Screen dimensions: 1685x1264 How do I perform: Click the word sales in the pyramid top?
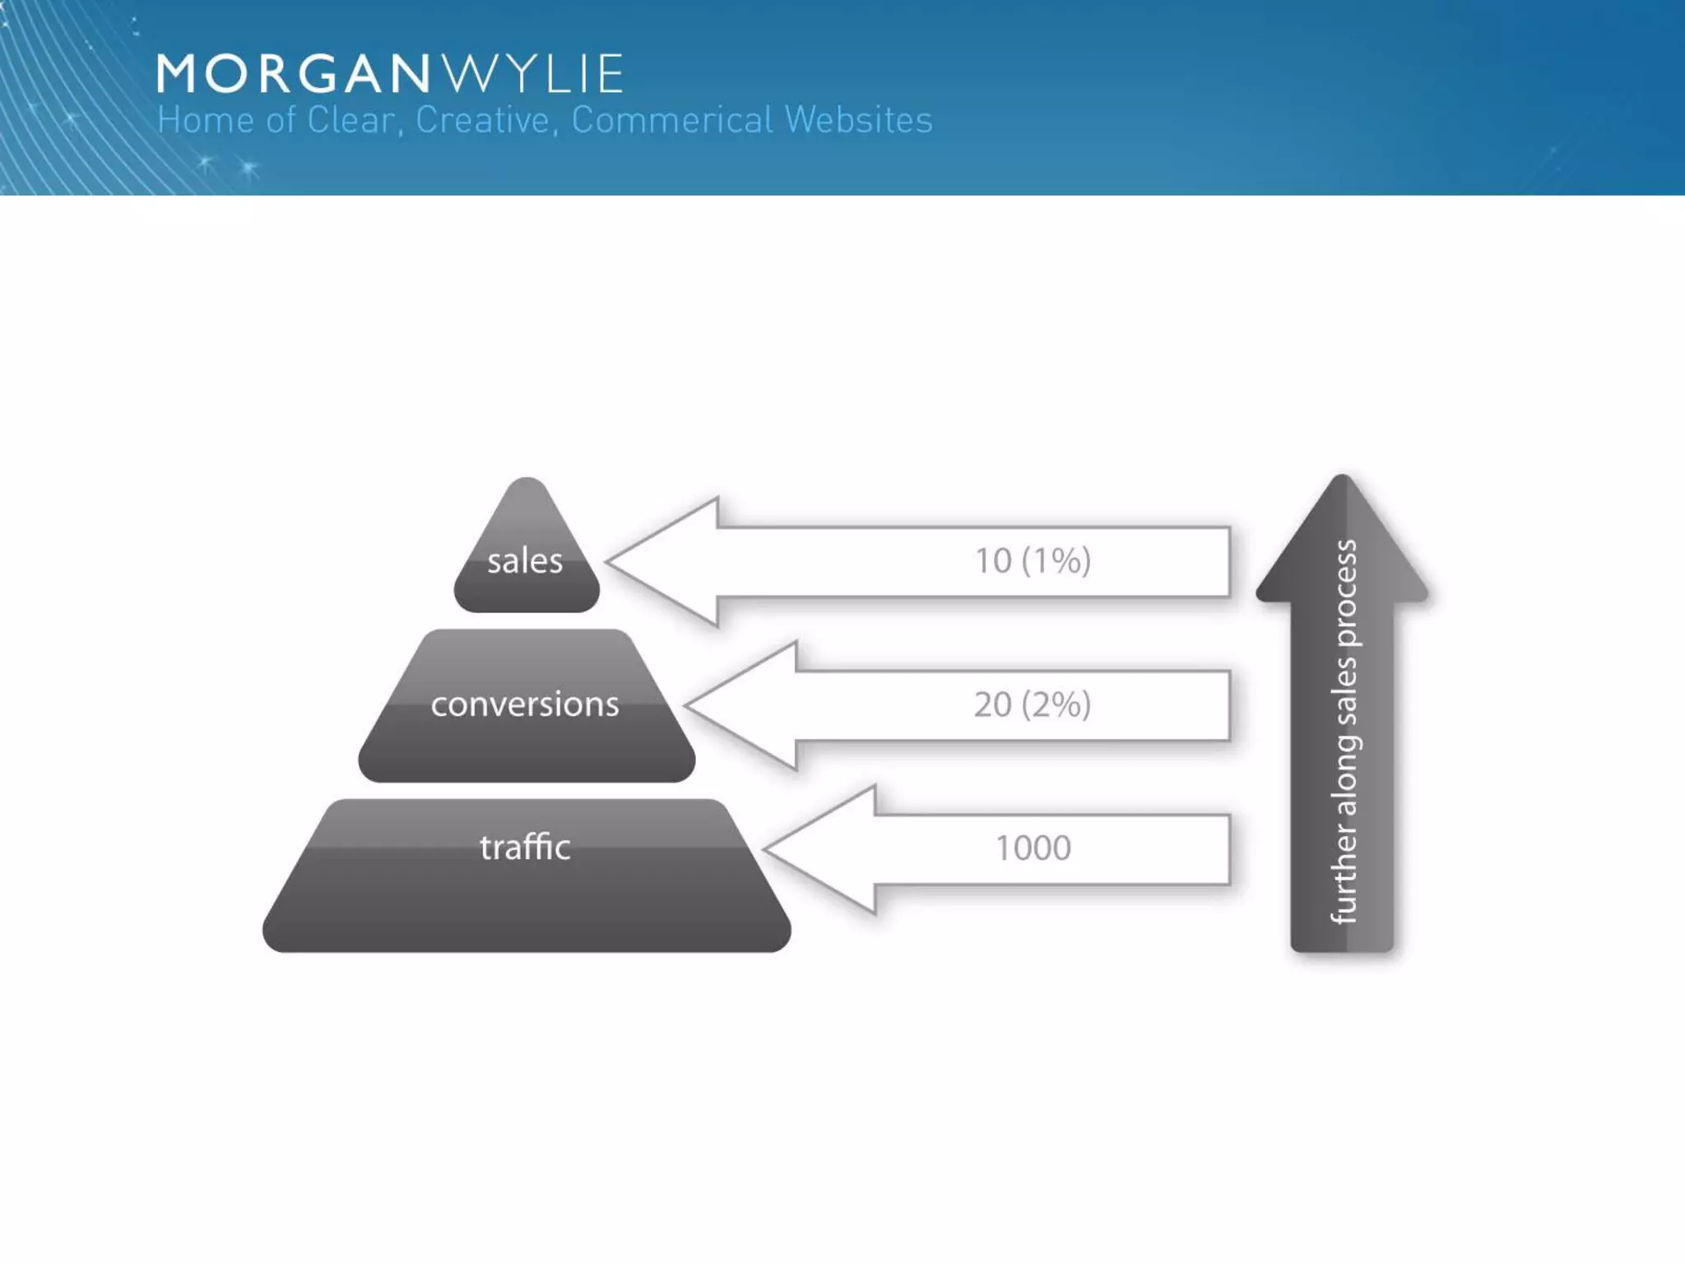525,561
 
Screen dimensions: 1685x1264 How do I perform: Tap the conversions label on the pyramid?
525,704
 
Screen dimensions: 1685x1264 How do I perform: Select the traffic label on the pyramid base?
525,847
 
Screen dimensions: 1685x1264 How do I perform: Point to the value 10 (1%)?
1033,561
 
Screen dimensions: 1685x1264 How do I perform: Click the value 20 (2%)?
1033,704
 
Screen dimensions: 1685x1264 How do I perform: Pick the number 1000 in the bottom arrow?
1033,848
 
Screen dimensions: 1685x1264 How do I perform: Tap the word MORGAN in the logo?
293,74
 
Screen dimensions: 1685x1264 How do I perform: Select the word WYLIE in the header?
534,74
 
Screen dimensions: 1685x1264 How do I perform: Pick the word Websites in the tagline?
859,120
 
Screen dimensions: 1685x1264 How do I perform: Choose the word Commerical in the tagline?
672,120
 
